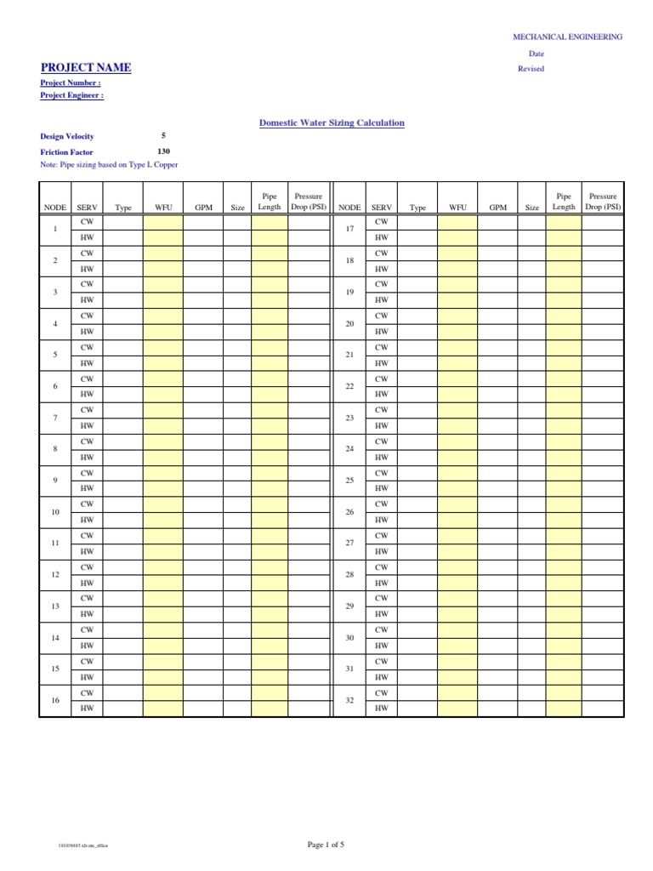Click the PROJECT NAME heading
coord(86,68)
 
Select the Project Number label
coord(71,83)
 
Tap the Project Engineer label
coord(72,96)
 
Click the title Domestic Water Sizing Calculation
coord(332,123)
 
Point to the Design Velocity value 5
coord(163,135)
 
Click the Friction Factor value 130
coord(163,151)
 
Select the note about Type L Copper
coord(109,164)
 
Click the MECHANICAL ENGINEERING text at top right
coord(567,37)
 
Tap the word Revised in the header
coord(531,69)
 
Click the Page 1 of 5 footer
coord(326,845)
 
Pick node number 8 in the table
coord(55,449)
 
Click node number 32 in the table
coord(349,700)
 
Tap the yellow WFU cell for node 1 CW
coord(162,222)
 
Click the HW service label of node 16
coord(86,709)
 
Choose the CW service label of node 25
coord(381,473)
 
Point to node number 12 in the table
coord(55,575)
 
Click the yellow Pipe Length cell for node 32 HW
coord(564,709)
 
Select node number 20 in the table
coord(349,324)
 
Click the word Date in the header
coord(536,54)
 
